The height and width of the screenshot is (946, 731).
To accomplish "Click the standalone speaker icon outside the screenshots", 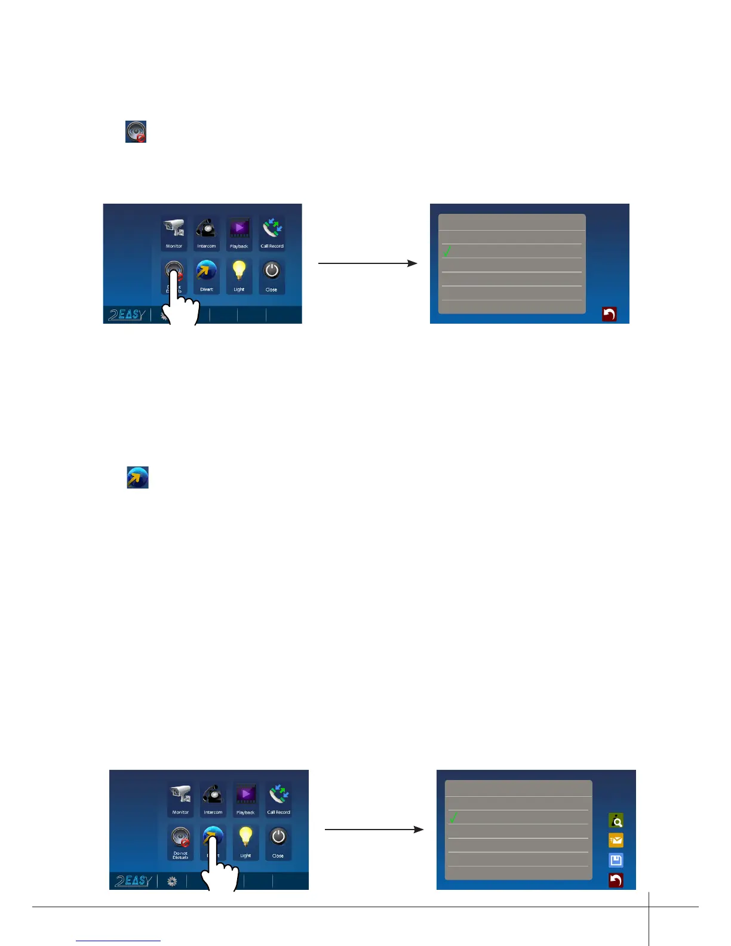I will [136, 131].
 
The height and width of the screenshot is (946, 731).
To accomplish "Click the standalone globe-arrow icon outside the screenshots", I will [137, 478].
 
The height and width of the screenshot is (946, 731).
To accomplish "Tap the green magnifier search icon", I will [616, 820].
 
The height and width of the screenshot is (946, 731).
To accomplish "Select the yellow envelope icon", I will [616, 840].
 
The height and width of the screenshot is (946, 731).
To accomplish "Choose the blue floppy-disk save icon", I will [616, 860].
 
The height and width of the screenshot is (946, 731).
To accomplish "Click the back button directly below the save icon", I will [616, 880].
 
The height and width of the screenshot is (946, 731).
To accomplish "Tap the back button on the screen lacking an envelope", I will [609, 314].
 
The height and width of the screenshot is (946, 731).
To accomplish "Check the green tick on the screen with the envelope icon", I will [453, 817].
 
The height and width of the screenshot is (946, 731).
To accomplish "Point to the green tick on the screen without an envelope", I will [447, 251].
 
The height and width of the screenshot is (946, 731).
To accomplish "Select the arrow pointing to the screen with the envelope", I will [374, 830].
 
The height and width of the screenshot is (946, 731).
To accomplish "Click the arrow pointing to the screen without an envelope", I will [367, 263].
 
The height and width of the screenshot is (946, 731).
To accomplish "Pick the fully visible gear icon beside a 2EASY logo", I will [172, 881].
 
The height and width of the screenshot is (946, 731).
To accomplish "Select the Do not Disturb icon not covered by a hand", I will [180, 838].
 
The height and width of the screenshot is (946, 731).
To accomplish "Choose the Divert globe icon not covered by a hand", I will [206, 272].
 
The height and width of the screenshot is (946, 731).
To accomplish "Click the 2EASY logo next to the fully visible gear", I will [133, 881].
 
